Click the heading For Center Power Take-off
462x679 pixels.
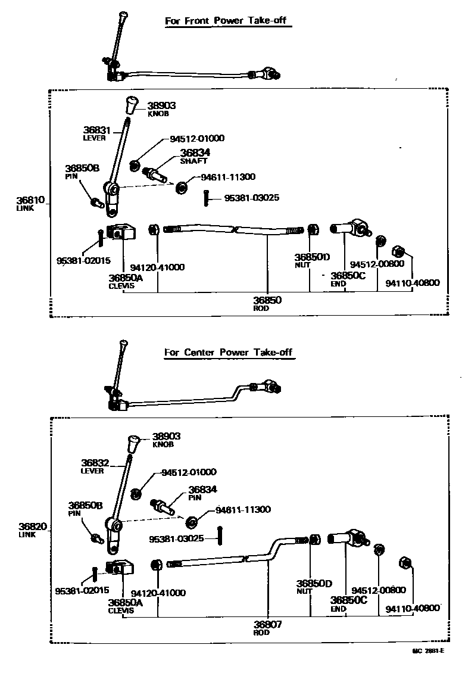pos(229,352)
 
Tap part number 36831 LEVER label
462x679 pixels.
pos(95,133)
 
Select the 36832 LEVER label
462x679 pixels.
pos(93,465)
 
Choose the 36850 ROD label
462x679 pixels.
pos(267,304)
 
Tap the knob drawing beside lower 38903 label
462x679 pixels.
pos(135,444)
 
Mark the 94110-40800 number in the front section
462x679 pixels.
pos(412,282)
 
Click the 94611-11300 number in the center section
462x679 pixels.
pos(243,510)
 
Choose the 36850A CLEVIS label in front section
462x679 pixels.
pos(126,281)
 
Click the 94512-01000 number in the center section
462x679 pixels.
pos(189,472)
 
